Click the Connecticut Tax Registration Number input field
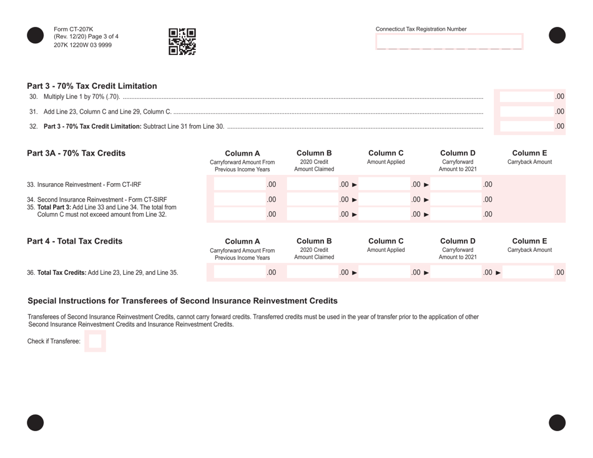tap(449, 42)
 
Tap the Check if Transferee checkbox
tap(96, 342)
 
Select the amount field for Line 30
tap(529, 96)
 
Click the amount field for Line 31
tap(529, 111)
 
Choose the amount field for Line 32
tap(529, 126)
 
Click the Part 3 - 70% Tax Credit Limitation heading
tap(92, 86)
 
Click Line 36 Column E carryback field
tap(534, 272)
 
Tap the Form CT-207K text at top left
tap(74, 29)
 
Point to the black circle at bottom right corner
tap(557, 423)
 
